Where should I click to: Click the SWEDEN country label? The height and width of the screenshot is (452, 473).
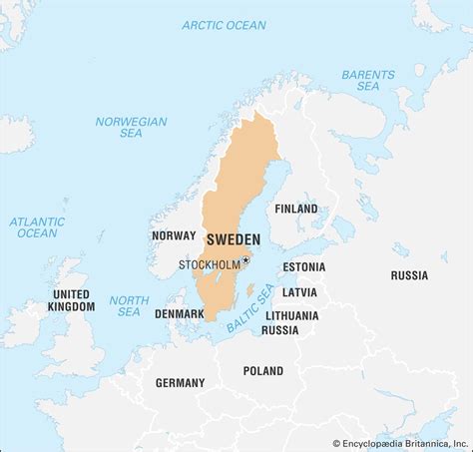click(233, 240)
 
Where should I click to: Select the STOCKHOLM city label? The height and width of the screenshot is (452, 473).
click(210, 264)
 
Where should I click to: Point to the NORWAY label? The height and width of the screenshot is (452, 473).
click(173, 235)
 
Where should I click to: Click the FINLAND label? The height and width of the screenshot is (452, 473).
click(295, 209)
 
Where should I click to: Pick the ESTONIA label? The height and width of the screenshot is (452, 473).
click(303, 267)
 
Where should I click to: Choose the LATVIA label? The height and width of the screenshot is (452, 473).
click(298, 292)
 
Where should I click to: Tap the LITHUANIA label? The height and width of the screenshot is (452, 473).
click(292, 315)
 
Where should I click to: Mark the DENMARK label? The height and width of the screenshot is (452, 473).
click(179, 313)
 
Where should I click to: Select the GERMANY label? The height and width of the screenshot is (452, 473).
click(180, 382)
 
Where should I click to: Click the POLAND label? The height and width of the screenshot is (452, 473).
click(262, 370)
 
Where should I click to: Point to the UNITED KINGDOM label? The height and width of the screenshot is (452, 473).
click(73, 299)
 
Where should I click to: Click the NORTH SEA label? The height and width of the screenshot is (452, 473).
click(129, 306)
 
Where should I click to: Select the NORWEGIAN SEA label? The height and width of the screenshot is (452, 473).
click(131, 128)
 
